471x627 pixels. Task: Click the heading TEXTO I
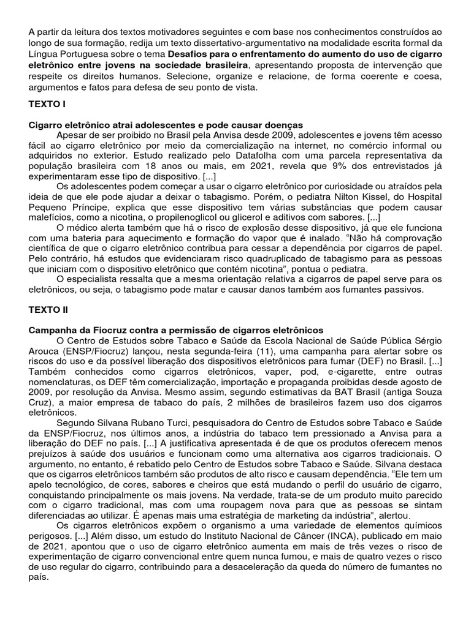[x=47, y=105]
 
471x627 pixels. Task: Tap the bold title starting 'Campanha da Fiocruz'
[x=176, y=330]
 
